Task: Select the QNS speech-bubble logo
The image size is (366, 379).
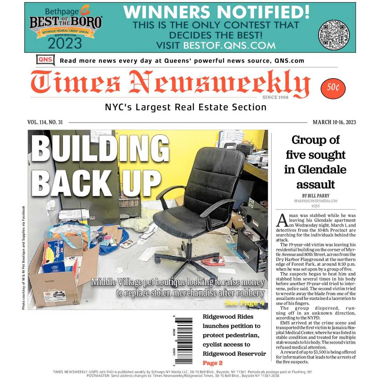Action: point(45,60)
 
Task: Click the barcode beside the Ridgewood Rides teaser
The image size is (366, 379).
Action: point(183,341)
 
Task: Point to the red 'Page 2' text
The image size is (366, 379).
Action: point(212,363)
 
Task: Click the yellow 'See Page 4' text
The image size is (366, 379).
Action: point(244,303)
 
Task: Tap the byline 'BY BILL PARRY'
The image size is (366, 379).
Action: point(315,196)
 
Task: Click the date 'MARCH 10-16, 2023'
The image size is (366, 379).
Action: point(334,122)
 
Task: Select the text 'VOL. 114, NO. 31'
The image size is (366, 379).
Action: point(45,122)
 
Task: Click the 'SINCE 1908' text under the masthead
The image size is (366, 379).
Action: point(275,97)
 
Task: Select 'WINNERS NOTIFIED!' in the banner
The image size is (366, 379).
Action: point(216,12)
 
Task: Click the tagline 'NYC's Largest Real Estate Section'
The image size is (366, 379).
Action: point(186,107)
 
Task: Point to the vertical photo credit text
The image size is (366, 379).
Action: point(24,257)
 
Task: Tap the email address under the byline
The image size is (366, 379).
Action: point(315,201)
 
